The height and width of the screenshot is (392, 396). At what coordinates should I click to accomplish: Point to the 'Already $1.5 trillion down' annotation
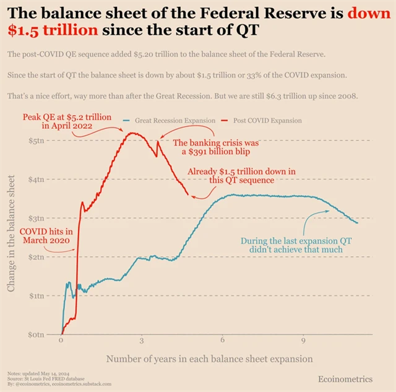tap(241, 175)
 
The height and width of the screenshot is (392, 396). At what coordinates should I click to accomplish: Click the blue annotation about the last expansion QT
tap(296, 245)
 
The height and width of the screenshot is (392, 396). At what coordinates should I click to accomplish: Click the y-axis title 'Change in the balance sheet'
tap(12, 233)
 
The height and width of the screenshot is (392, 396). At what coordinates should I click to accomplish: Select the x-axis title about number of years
tap(209, 359)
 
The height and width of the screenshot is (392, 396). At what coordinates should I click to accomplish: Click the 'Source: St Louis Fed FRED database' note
tap(46, 378)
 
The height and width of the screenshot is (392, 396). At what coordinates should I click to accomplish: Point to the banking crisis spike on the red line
tap(158, 142)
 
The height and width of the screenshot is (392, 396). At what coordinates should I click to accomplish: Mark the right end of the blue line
tap(357, 222)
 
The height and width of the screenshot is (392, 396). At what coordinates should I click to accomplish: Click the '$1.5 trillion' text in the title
tap(52, 29)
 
